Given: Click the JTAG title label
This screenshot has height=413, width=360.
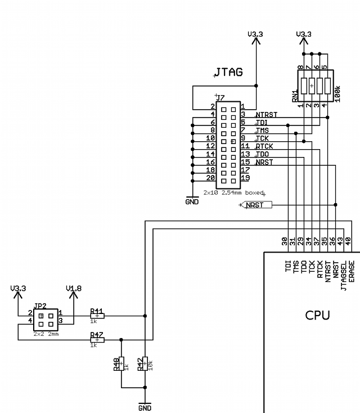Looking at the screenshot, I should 228,73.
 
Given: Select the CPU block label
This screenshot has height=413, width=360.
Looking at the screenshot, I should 318,315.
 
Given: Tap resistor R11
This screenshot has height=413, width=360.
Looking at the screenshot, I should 97,316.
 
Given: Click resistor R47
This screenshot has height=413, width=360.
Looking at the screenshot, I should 97,340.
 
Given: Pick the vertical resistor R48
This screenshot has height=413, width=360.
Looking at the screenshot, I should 122,364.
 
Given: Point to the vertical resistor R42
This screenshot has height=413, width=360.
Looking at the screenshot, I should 145,364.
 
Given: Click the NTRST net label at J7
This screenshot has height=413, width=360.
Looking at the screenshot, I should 266,115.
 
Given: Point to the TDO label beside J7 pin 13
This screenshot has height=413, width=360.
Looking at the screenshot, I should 262,154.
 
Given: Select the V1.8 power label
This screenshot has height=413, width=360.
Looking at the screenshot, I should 74,289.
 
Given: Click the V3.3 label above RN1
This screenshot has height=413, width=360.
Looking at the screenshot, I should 303,34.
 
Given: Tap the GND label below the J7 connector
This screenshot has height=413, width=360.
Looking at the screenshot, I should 192,201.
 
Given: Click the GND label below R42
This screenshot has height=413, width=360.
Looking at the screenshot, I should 145,407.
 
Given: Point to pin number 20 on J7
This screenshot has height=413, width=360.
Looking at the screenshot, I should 210,178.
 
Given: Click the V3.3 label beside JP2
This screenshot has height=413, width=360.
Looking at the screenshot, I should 19,289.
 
